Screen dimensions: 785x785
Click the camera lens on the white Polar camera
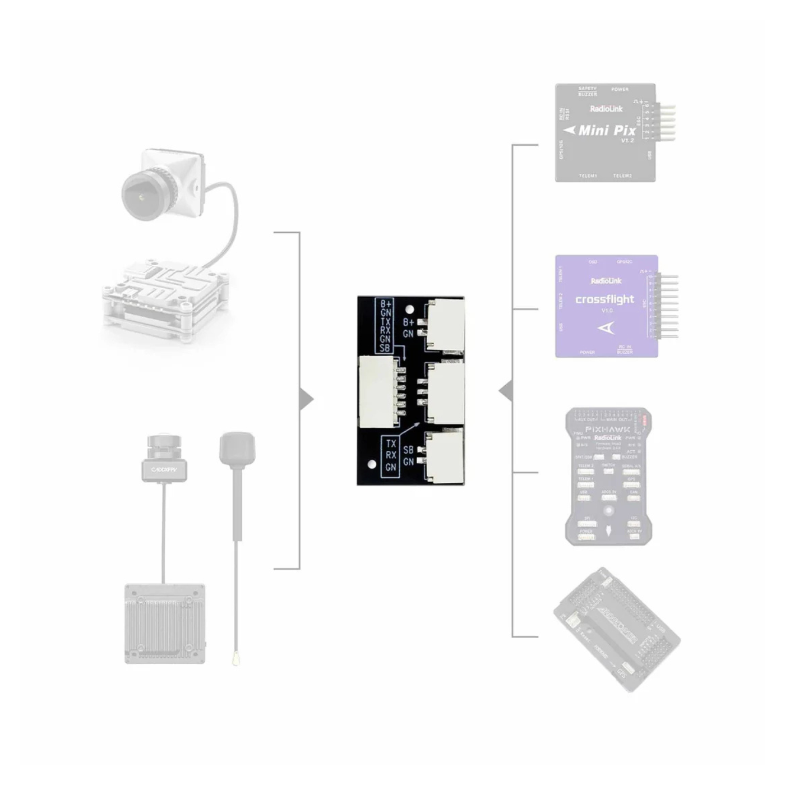140,194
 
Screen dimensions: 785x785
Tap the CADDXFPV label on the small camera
164,469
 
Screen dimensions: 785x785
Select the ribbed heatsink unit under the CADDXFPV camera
165,624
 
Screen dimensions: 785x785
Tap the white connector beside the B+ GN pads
445,325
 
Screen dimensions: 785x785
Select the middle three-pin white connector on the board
445,392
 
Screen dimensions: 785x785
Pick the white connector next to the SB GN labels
445,455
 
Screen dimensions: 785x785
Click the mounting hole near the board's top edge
410,310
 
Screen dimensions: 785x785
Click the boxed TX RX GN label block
390,455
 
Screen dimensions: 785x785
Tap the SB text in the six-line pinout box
385,348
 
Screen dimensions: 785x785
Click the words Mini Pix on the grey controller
607,131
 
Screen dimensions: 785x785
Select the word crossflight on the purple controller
604,299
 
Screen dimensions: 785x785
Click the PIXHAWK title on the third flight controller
608,429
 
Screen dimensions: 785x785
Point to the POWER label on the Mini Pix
620,90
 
